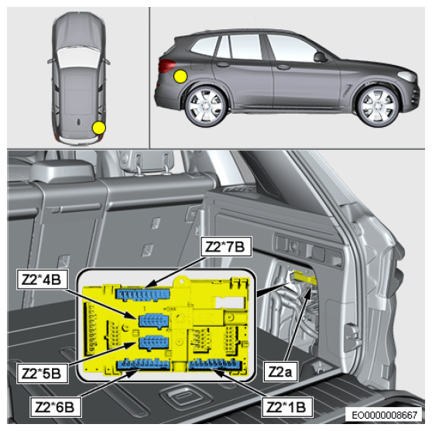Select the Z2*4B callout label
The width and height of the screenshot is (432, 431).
coord(42,279)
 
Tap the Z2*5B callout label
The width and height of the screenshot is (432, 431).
coord(42,373)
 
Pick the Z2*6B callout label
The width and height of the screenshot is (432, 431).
coord(56,407)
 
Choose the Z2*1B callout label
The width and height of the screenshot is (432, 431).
coord(286,407)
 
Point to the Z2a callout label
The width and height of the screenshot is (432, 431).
coord(280,371)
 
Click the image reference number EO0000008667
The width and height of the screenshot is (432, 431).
coord(384,415)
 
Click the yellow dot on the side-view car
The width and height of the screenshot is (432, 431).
coord(180,77)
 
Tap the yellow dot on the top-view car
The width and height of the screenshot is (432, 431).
coord(99,128)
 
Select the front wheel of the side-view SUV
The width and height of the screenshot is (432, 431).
coord(378,106)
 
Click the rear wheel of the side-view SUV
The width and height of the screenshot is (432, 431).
coord(206,106)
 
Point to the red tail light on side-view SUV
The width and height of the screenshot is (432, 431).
coord(166,66)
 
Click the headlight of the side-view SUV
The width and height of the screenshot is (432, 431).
coord(407,76)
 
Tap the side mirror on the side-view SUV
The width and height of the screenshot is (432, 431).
coord(320,57)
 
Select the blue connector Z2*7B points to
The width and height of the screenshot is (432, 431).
coord(142,294)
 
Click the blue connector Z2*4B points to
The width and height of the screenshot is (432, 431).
coord(154,320)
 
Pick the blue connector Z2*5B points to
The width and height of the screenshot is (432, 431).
coord(154,343)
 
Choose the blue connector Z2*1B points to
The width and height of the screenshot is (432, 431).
coord(215,364)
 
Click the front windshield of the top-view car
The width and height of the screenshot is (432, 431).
coord(78,57)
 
